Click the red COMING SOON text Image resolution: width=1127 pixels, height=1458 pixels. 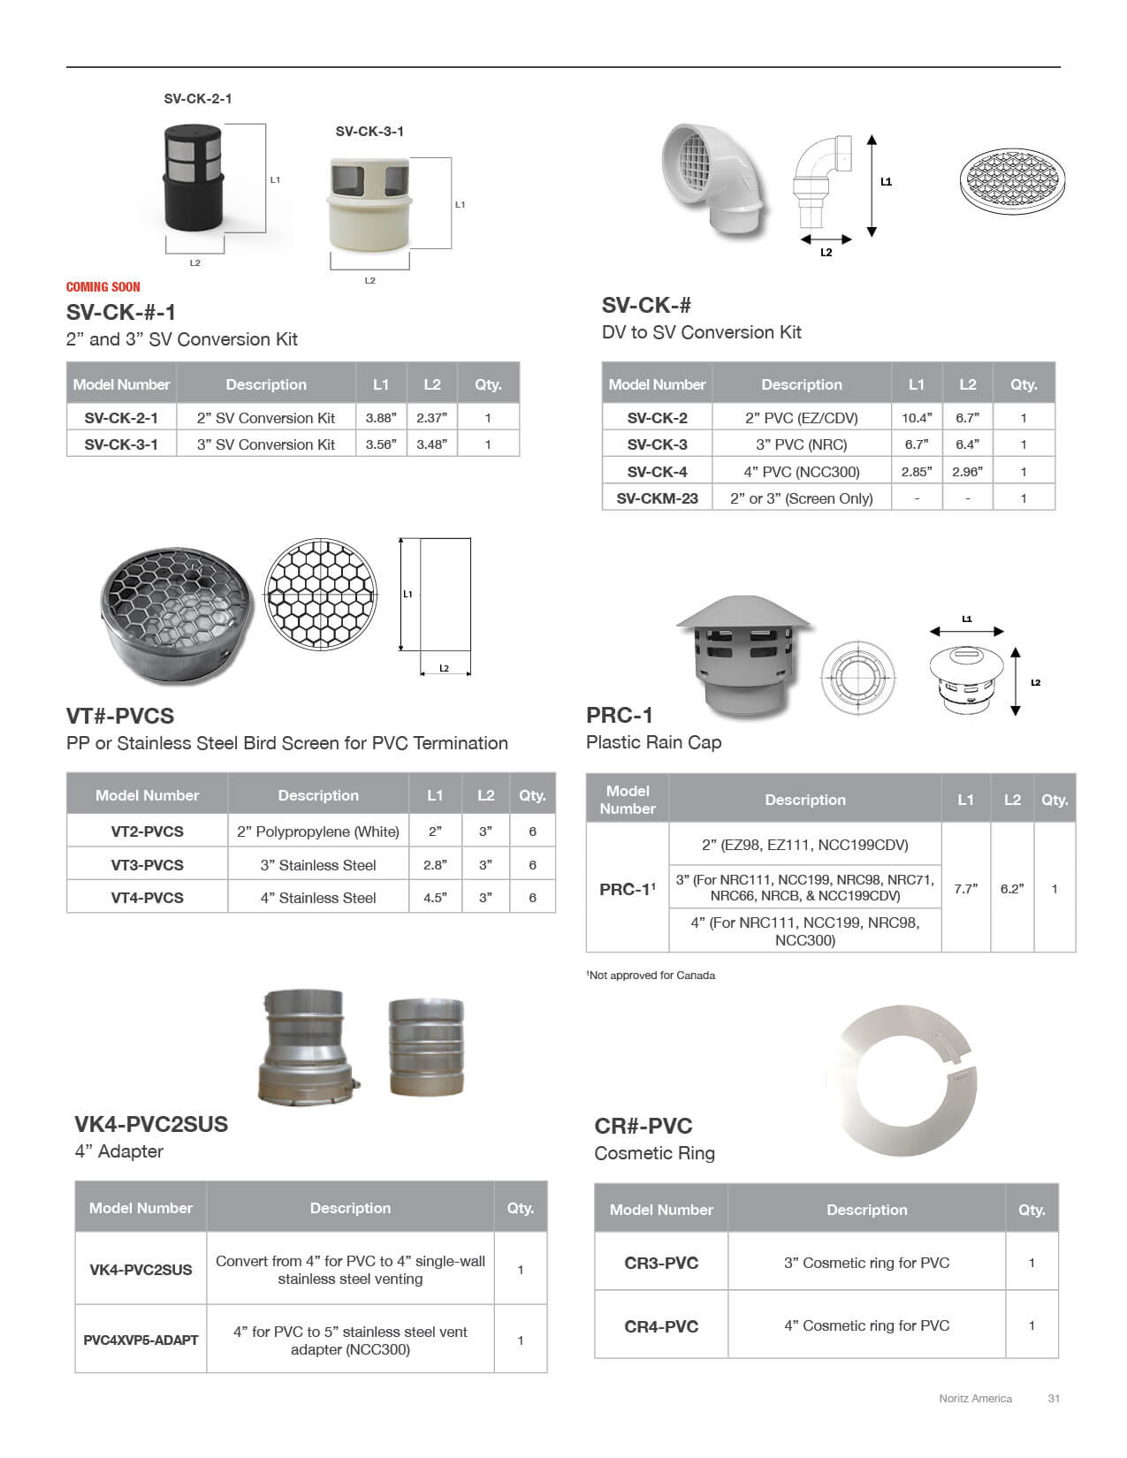[x=103, y=286]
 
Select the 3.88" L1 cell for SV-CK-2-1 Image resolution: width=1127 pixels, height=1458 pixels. [x=381, y=418]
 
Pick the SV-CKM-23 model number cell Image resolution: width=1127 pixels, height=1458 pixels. [x=657, y=498]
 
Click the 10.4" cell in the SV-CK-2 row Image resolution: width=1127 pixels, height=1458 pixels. [x=917, y=418]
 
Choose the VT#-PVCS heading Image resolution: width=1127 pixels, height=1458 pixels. [x=120, y=716]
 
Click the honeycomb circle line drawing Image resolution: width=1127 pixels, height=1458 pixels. [x=321, y=594]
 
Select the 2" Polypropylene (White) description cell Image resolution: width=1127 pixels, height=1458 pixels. [x=318, y=832]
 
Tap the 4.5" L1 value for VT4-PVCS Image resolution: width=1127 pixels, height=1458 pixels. [x=435, y=898]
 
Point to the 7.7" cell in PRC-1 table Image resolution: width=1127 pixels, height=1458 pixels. [x=965, y=889]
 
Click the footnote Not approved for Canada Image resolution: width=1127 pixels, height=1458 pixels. [x=651, y=976]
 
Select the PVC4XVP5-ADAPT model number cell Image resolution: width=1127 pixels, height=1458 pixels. [x=141, y=1340]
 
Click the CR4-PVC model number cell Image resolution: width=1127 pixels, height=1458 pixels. [x=661, y=1325]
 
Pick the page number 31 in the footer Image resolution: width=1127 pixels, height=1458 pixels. [x=1054, y=1398]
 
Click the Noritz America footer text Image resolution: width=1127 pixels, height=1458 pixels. [x=975, y=1398]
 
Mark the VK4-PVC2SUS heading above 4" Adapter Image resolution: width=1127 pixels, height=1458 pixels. [x=151, y=1124]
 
